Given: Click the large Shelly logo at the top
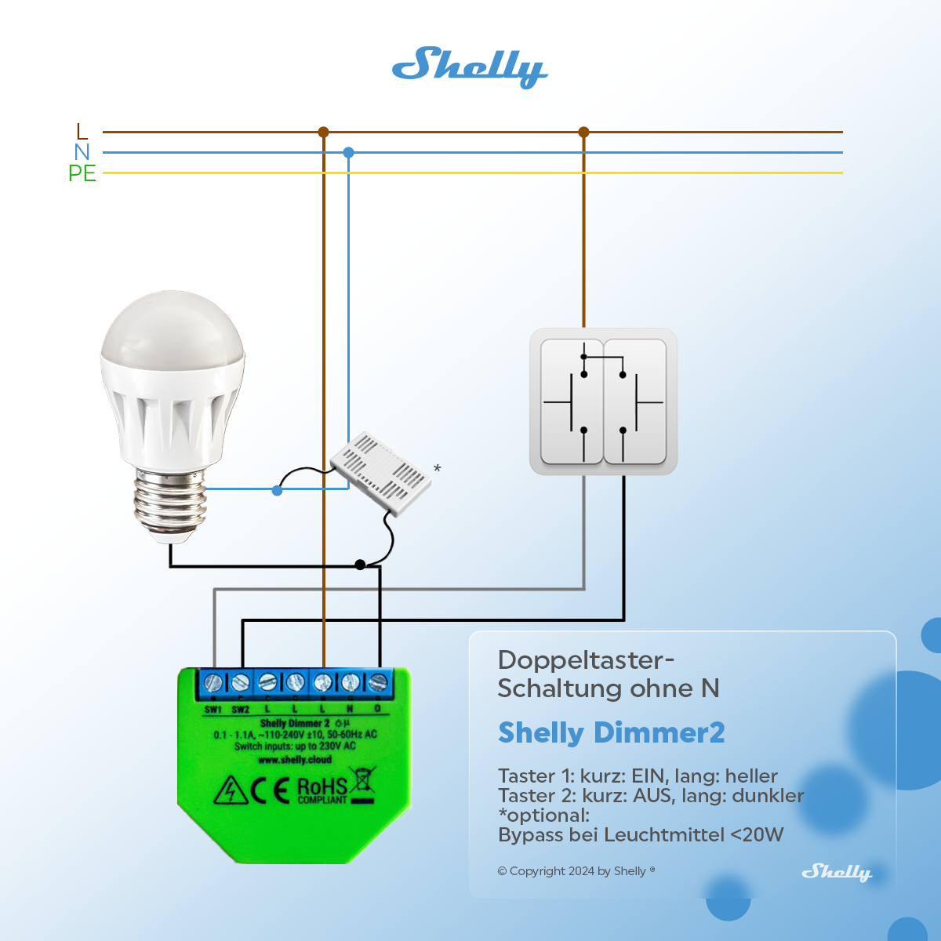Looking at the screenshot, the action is pyautogui.click(x=470, y=67).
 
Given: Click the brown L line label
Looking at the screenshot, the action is pyautogui.click(x=82, y=132).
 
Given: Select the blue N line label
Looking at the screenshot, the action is pyautogui.click(x=82, y=152).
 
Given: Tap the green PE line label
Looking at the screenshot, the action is pyautogui.click(x=82, y=173).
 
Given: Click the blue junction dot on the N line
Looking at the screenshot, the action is pyautogui.click(x=348, y=152).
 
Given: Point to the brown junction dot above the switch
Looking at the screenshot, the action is pyautogui.click(x=583, y=132).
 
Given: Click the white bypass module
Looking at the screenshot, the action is pyautogui.click(x=381, y=473).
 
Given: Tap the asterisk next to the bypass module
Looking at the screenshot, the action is pyautogui.click(x=437, y=468).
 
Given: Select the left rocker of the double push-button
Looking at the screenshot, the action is pyautogui.click(x=572, y=401).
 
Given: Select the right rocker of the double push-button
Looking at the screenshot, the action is pyautogui.click(x=635, y=401).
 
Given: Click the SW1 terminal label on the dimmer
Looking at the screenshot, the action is pyautogui.click(x=213, y=710).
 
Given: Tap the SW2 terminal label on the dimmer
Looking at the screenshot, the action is pyautogui.click(x=240, y=710).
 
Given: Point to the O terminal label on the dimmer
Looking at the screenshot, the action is pyautogui.click(x=377, y=709).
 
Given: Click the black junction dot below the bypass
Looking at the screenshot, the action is pyautogui.click(x=360, y=565).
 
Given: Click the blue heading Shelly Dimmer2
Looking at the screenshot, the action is pyautogui.click(x=612, y=732).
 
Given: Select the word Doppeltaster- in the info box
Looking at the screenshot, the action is pyautogui.click(x=586, y=660).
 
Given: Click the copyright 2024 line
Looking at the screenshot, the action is pyautogui.click(x=576, y=871).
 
